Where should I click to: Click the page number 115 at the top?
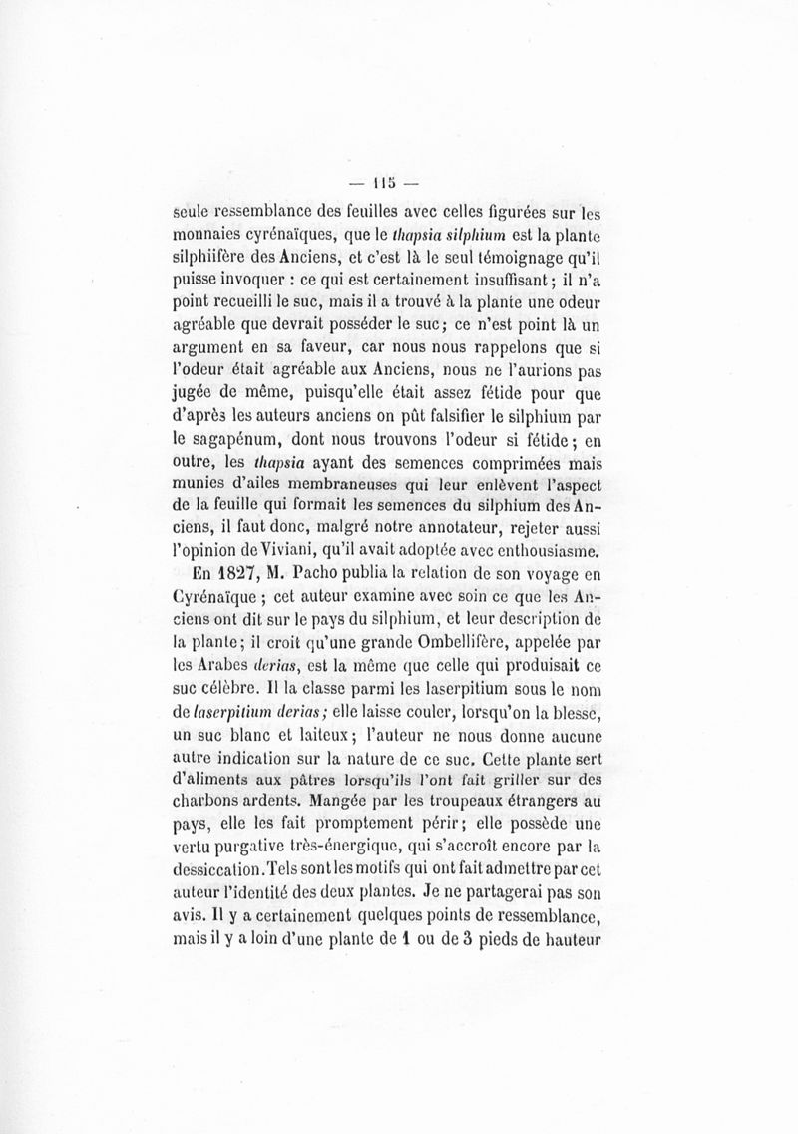383,183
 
